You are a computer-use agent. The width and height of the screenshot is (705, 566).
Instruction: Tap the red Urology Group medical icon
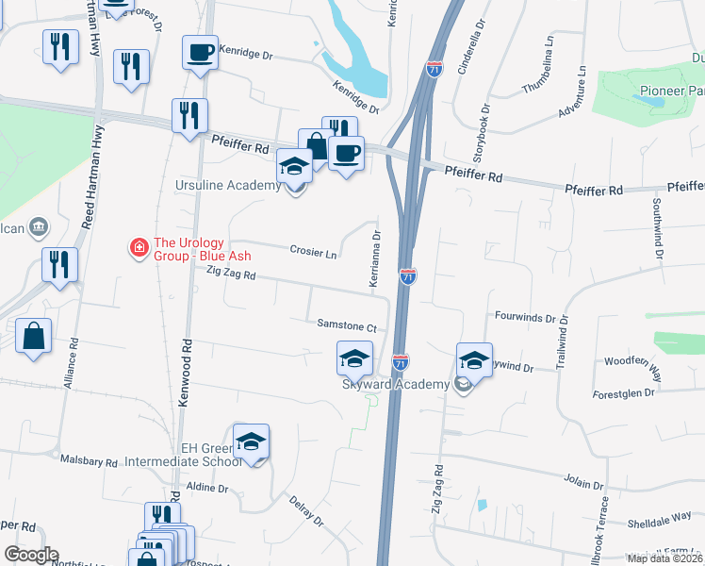point(139,248)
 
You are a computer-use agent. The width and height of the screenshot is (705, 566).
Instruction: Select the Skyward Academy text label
point(396,384)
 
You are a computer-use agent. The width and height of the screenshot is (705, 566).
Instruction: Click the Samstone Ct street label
point(347,326)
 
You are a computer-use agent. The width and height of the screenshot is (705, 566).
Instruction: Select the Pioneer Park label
point(672,92)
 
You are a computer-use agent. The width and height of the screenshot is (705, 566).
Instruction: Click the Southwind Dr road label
point(659,237)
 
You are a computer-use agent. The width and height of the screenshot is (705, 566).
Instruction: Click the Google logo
point(31,554)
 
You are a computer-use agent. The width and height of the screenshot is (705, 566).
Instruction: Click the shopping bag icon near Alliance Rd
point(34,337)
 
